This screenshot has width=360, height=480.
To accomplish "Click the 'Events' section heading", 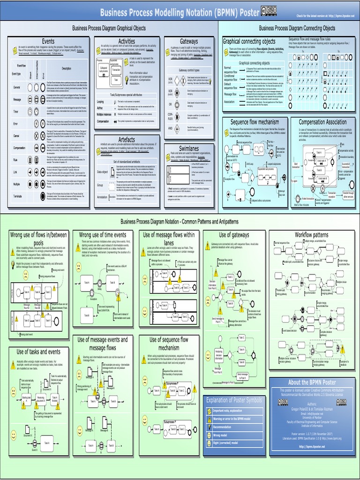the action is point(49,41).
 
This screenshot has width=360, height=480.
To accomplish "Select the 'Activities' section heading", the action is point(127,41).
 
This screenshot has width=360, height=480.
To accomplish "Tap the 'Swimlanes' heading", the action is point(189,148).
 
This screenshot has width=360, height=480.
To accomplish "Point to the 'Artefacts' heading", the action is point(127,140).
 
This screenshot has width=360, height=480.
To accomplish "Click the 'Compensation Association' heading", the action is point(323,122).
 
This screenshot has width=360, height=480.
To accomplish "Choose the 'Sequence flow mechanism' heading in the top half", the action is point(255,122).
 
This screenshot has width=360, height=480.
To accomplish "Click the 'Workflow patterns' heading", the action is point(311,234).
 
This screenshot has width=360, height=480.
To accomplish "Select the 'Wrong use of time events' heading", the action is point(103,235).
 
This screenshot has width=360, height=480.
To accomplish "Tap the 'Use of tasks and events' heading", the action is point(38,352).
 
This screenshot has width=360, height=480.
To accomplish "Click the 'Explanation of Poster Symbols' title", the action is point(233,400).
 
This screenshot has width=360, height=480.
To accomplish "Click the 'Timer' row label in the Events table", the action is point(15,112).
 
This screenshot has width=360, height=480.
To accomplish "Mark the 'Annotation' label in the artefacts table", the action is point(102,197).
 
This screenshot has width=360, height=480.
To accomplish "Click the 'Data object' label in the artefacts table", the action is point(102,172).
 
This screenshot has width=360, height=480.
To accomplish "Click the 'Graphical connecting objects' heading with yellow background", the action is point(249,41).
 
